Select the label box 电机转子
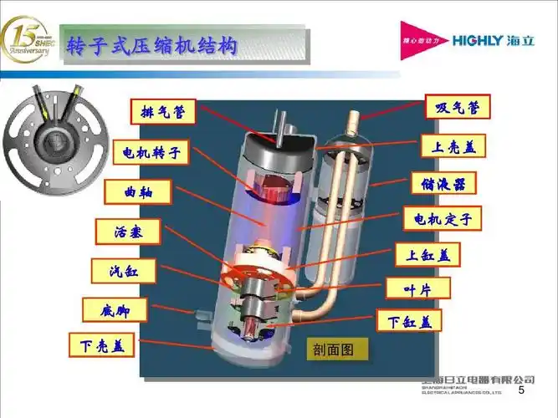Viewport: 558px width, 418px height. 151,153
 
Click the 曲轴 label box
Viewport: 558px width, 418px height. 137,191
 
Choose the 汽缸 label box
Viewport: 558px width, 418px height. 125,271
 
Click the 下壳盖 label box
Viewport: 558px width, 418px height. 101,343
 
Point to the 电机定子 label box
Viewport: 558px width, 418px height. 443,220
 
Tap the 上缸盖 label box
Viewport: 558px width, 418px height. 428,254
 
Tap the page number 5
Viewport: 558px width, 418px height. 521,391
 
